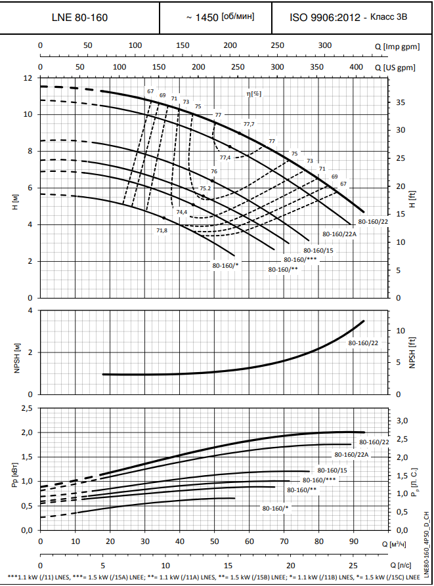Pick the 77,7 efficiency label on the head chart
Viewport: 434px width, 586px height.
coord(249,124)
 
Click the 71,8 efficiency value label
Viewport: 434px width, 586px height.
coord(162,230)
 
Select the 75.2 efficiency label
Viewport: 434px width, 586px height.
coord(206,188)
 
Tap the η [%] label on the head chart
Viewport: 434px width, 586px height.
coord(253,93)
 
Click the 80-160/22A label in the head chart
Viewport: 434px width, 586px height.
coord(339,234)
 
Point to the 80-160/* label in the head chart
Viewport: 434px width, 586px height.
coord(225,266)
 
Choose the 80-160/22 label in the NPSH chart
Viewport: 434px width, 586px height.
coord(363,343)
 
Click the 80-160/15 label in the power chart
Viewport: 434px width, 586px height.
coord(332,470)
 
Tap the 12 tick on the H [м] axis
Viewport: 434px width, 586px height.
coord(28,78)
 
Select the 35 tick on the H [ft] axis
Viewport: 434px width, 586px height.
coord(401,102)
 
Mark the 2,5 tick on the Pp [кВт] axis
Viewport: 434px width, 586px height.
coord(27,408)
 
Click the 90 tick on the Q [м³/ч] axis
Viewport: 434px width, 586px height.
coord(353,542)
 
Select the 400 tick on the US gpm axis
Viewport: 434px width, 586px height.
coord(356,67)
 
